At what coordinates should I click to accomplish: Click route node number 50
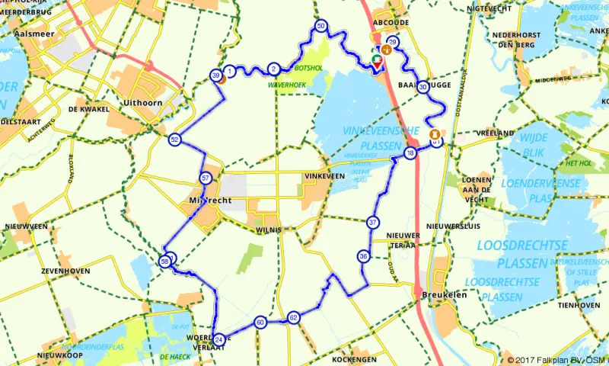click(x=321, y=27)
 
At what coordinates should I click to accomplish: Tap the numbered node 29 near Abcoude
click(x=393, y=42)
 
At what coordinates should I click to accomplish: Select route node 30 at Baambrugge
click(x=422, y=87)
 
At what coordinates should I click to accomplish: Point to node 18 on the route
click(x=410, y=153)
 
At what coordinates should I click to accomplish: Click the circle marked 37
click(x=373, y=223)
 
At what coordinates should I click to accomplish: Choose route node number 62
click(x=294, y=317)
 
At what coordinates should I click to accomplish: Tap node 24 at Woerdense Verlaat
click(x=219, y=339)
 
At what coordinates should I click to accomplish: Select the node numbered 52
click(x=175, y=140)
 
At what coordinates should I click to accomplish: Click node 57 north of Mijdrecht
click(x=206, y=178)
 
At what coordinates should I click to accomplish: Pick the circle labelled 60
click(x=260, y=323)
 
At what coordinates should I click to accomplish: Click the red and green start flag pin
click(x=377, y=61)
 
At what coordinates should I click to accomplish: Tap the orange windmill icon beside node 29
click(x=387, y=50)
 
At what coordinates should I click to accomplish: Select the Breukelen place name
click(x=442, y=296)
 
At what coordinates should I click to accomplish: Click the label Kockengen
click(x=353, y=358)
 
